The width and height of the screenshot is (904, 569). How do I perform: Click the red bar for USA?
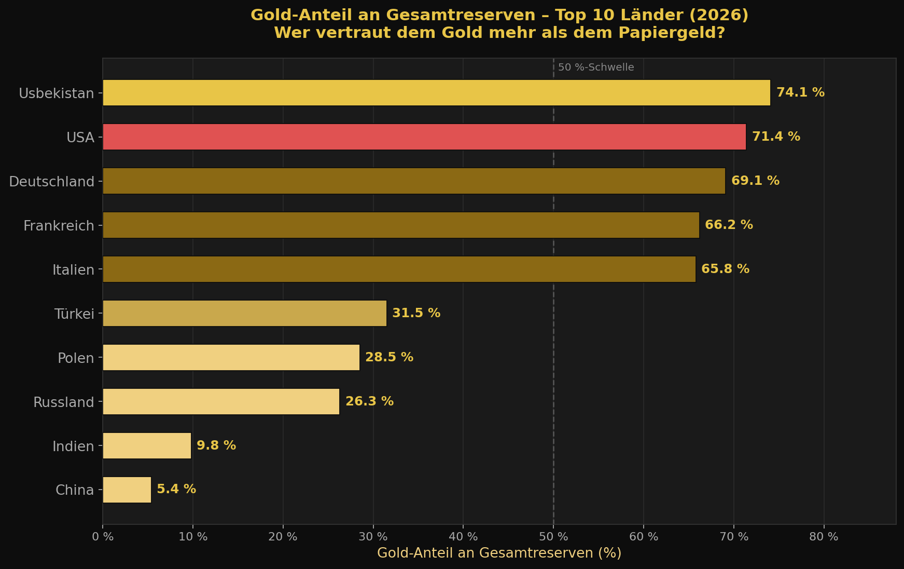(424, 137)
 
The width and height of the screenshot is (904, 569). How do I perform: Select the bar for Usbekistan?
(436, 93)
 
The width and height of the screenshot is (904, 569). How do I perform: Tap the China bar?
(127, 490)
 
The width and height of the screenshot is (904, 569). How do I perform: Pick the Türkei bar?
(244, 314)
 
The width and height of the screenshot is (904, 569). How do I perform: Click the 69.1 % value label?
(755, 181)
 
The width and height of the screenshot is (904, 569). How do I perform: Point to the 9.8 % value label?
(216, 446)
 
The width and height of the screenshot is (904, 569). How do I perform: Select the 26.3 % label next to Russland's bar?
(369, 402)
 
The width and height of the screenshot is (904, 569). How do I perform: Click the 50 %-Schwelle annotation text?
(596, 67)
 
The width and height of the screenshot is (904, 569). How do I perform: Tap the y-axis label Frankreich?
(59, 226)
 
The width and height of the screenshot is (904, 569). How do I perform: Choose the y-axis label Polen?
(76, 358)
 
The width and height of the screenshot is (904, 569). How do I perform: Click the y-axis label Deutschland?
(52, 182)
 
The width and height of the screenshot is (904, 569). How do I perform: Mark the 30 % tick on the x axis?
(373, 537)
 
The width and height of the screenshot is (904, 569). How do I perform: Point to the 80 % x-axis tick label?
(824, 537)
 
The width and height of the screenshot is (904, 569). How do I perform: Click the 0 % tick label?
(103, 537)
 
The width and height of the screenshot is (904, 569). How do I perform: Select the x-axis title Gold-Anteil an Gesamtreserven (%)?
(499, 553)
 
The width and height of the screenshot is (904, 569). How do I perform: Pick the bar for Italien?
(399, 269)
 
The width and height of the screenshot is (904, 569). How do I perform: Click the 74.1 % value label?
(800, 93)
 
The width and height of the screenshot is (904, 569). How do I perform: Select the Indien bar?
(147, 446)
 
